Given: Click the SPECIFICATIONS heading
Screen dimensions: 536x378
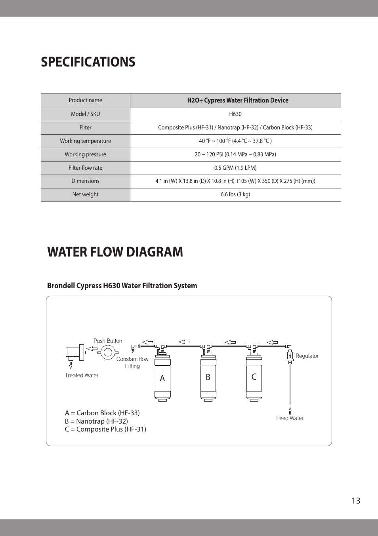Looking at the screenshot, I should click(x=88, y=62).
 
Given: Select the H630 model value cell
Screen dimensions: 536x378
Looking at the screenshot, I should click(x=235, y=114).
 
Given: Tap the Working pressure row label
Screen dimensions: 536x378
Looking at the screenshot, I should click(x=85, y=154).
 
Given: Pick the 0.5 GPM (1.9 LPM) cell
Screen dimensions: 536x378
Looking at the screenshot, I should click(x=235, y=168).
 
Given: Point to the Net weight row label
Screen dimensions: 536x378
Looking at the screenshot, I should click(x=85, y=194).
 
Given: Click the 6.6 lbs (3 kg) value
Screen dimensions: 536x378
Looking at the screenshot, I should click(x=235, y=194).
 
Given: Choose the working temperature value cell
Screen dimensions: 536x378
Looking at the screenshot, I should click(x=235, y=141).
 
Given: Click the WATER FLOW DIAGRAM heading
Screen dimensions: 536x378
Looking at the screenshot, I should click(x=115, y=252).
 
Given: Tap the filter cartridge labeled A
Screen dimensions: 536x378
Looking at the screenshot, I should click(x=162, y=378).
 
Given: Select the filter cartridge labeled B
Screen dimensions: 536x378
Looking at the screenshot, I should click(x=208, y=377).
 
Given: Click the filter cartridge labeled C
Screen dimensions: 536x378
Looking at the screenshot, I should click(x=254, y=377).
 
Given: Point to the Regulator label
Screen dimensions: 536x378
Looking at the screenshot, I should click(x=307, y=356).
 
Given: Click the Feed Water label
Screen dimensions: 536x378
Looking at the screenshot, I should click(x=290, y=418).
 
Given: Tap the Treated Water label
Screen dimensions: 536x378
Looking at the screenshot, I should click(x=82, y=375).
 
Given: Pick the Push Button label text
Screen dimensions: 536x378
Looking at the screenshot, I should click(x=108, y=341).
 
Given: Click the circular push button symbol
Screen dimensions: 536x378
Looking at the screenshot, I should click(x=107, y=352).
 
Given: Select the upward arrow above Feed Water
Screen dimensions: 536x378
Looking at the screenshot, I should click(x=290, y=411).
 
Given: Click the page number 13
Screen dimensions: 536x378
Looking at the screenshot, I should click(x=356, y=501).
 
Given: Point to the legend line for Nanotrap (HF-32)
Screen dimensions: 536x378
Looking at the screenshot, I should click(x=96, y=421).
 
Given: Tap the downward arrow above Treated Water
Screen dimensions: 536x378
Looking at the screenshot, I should click(x=71, y=365).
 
